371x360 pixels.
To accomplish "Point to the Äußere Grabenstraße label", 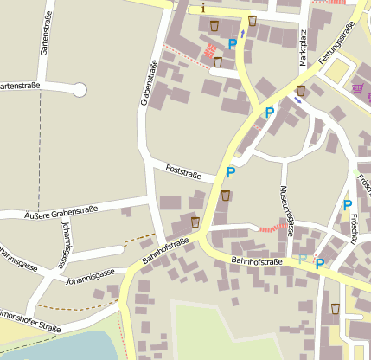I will tap(60, 209).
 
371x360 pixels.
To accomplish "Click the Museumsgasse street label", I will tap(286, 210).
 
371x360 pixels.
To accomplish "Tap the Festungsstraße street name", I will tap(336, 42).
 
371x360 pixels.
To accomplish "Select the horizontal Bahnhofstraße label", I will tap(257, 261).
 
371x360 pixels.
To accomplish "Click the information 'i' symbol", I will tap(202, 9).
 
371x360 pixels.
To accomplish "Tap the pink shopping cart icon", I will tap(357, 88).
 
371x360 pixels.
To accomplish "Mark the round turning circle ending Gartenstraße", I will tap(80, 88).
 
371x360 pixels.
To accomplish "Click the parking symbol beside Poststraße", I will tap(230, 172).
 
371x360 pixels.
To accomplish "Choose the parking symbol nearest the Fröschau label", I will tap(347, 205).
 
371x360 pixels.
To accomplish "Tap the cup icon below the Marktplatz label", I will tap(300, 91).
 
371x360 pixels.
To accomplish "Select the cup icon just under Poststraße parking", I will tap(225, 196).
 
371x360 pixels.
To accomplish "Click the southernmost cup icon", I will tap(335, 308).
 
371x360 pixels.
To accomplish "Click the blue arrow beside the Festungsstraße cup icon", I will tap(297, 100).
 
